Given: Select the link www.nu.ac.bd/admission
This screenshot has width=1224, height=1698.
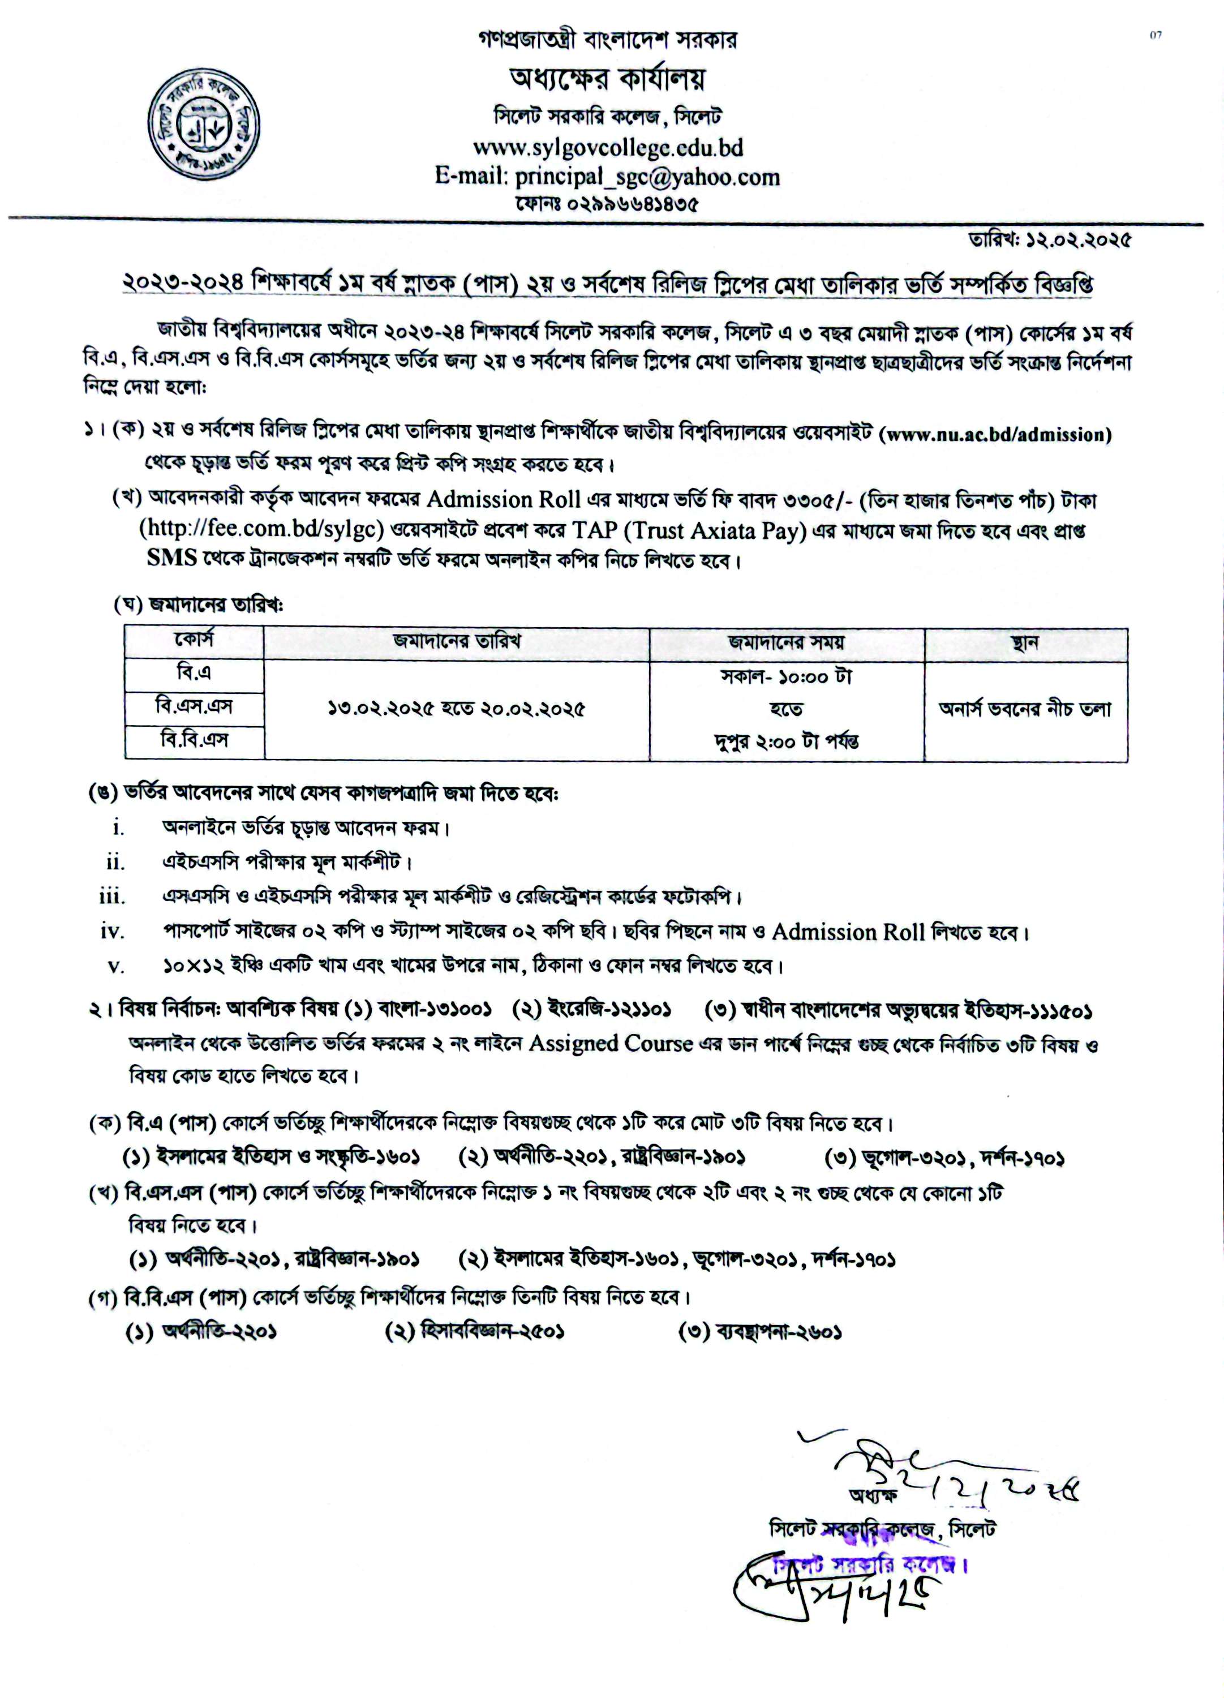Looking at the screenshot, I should (997, 434).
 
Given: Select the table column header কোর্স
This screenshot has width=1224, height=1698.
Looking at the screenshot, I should (194, 641).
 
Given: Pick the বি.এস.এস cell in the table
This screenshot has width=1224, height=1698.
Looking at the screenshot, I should (194, 706).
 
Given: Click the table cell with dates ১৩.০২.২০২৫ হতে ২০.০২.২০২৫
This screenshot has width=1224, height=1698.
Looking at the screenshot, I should (456, 708).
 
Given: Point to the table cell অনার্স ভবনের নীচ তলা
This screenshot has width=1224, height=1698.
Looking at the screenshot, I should (1025, 708).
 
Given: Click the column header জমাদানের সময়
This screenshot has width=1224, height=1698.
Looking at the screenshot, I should (786, 642).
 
